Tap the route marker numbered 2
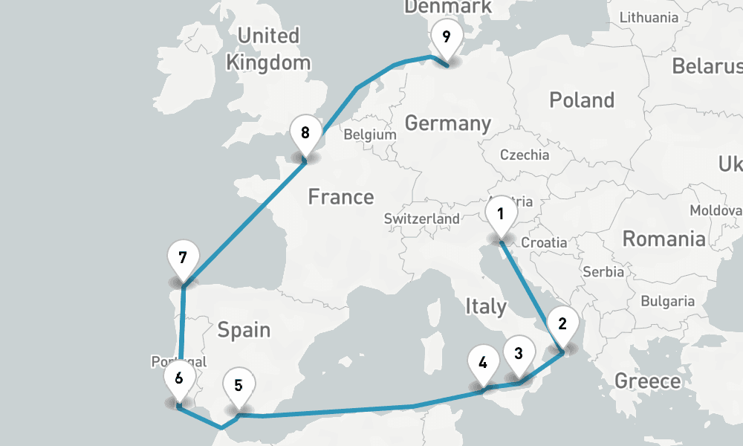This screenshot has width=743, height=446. click(562, 325)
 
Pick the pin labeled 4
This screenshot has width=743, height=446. click(483, 364)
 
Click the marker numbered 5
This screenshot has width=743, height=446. click(238, 387)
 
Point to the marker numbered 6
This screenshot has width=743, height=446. click(178, 378)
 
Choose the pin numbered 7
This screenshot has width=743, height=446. click(182, 259)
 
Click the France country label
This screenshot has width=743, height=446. click(341, 197)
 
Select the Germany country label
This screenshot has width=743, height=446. click(448, 123)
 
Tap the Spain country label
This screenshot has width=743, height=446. click(244, 329)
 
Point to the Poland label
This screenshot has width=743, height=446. click(582, 100)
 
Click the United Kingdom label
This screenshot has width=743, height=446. click(268, 49)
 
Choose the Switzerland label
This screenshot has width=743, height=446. click(421, 219)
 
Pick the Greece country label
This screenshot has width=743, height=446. click(647, 381)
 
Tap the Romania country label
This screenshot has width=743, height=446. click(663, 239)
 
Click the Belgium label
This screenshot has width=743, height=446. click(369, 135)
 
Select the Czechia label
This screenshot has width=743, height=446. click(525, 155)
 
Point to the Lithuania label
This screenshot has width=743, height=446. click(649, 17)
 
